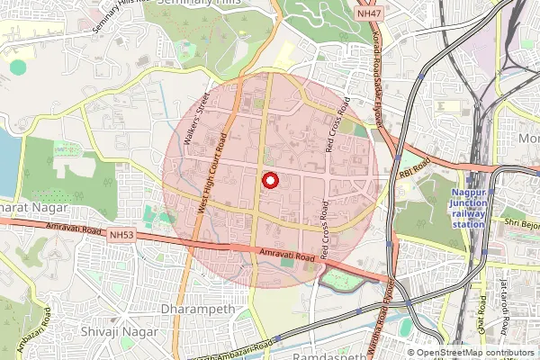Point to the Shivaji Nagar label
pos(127,331)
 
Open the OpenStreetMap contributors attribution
pos(474,353)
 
